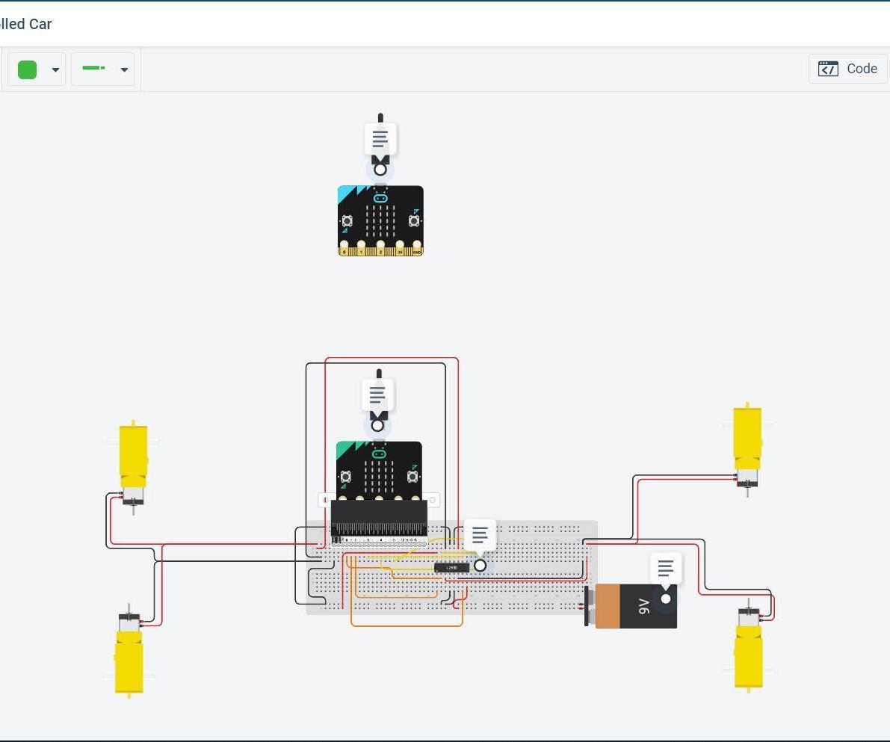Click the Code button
pyautogui.click(x=847, y=69)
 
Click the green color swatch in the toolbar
pyautogui.click(x=28, y=69)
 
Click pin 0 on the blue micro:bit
pyautogui.click(x=344, y=247)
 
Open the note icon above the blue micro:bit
pyautogui.click(x=380, y=139)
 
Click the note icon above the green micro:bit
pyautogui.click(x=377, y=394)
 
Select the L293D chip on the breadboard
pyautogui.click(x=451, y=568)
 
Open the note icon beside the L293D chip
pyautogui.click(x=480, y=535)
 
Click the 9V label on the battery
pyautogui.click(x=643, y=606)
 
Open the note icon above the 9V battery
pyautogui.click(x=665, y=569)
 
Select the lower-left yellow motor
pyautogui.click(x=129, y=661)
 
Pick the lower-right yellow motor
pyautogui.click(x=748, y=655)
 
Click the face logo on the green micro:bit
pyautogui.click(x=379, y=454)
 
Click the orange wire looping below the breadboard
pyautogui.click(x=407, y=625)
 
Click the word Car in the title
pyautogui.click(x=40, y=24)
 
